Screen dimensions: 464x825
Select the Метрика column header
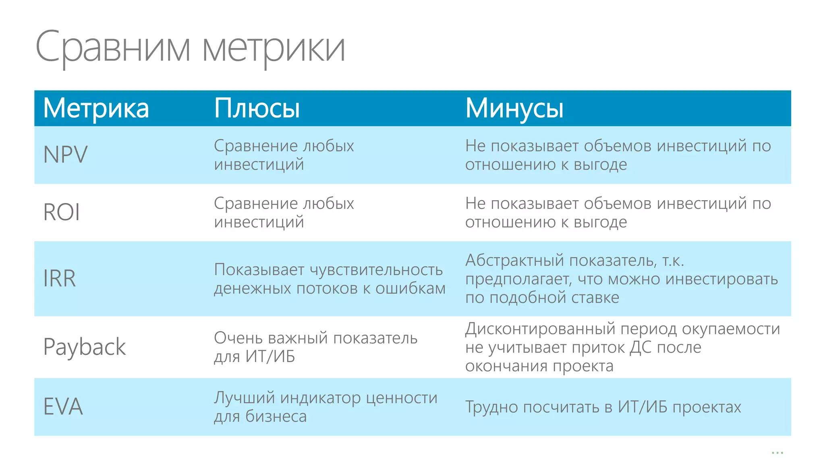point(96,108)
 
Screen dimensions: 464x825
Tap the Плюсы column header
point(257,108)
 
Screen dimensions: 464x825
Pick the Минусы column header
point(514,108)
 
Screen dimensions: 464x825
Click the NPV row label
point(65,155)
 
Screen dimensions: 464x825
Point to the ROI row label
point(62,212)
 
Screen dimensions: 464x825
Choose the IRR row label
point(60,278)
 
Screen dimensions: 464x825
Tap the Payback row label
point(85,347)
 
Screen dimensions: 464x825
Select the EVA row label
point(63,406)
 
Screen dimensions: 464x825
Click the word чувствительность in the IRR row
point(376,270)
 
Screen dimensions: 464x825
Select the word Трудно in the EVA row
point(491,407)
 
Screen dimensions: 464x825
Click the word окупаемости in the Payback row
point(731,329)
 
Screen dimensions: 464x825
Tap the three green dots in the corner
point(777,453)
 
